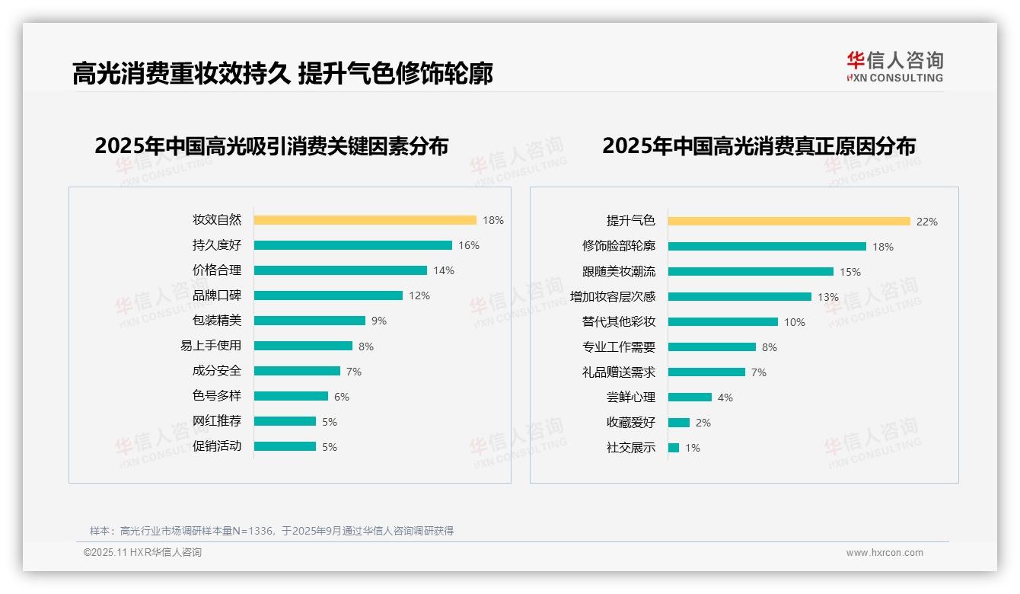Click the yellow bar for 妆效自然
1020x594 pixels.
pyautogui.click(x=365, y=220)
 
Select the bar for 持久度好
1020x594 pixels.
pyautogui.click(x=352, y=245)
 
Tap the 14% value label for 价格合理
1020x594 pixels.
pyautogui.click(x=443, y=270)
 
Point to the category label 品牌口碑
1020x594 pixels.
pyautogui.click(x=216, y=295)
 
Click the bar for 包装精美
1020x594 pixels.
pyautogui.click(x=309, y=321)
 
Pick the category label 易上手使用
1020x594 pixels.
pyautogui.click(x=210, y=346)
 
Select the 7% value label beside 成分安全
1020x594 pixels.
pyautogui.click(x=353, y=372)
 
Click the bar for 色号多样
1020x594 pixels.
pyautogui.click(x=291, y=396)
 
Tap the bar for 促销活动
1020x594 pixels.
pyautogui.click(x=285, y=446)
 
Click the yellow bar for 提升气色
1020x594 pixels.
pyautogui.click(x=789, y=222)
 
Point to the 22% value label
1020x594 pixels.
pyautogui.click(x=926, y=222)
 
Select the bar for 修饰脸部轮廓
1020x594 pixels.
pyautogui.click(x=767, y=247)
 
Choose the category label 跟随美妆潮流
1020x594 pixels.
pyautogui.click(x=618, y=272)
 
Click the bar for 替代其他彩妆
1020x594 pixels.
pyautogui.click(x=722, y=322)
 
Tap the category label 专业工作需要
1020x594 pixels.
pyautogui.click(x=618, y=347)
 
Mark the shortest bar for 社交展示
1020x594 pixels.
pyautogui.click(x=673, y=448)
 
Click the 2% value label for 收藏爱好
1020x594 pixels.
pyautogui.click(x=703, y=423)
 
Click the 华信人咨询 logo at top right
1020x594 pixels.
pyautogui.click(x=894, y=66)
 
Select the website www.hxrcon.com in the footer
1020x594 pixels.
pyautogui.click(x=884, y=553)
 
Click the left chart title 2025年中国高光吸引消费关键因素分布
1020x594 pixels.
pyautogui.click(x=271, y=145)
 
